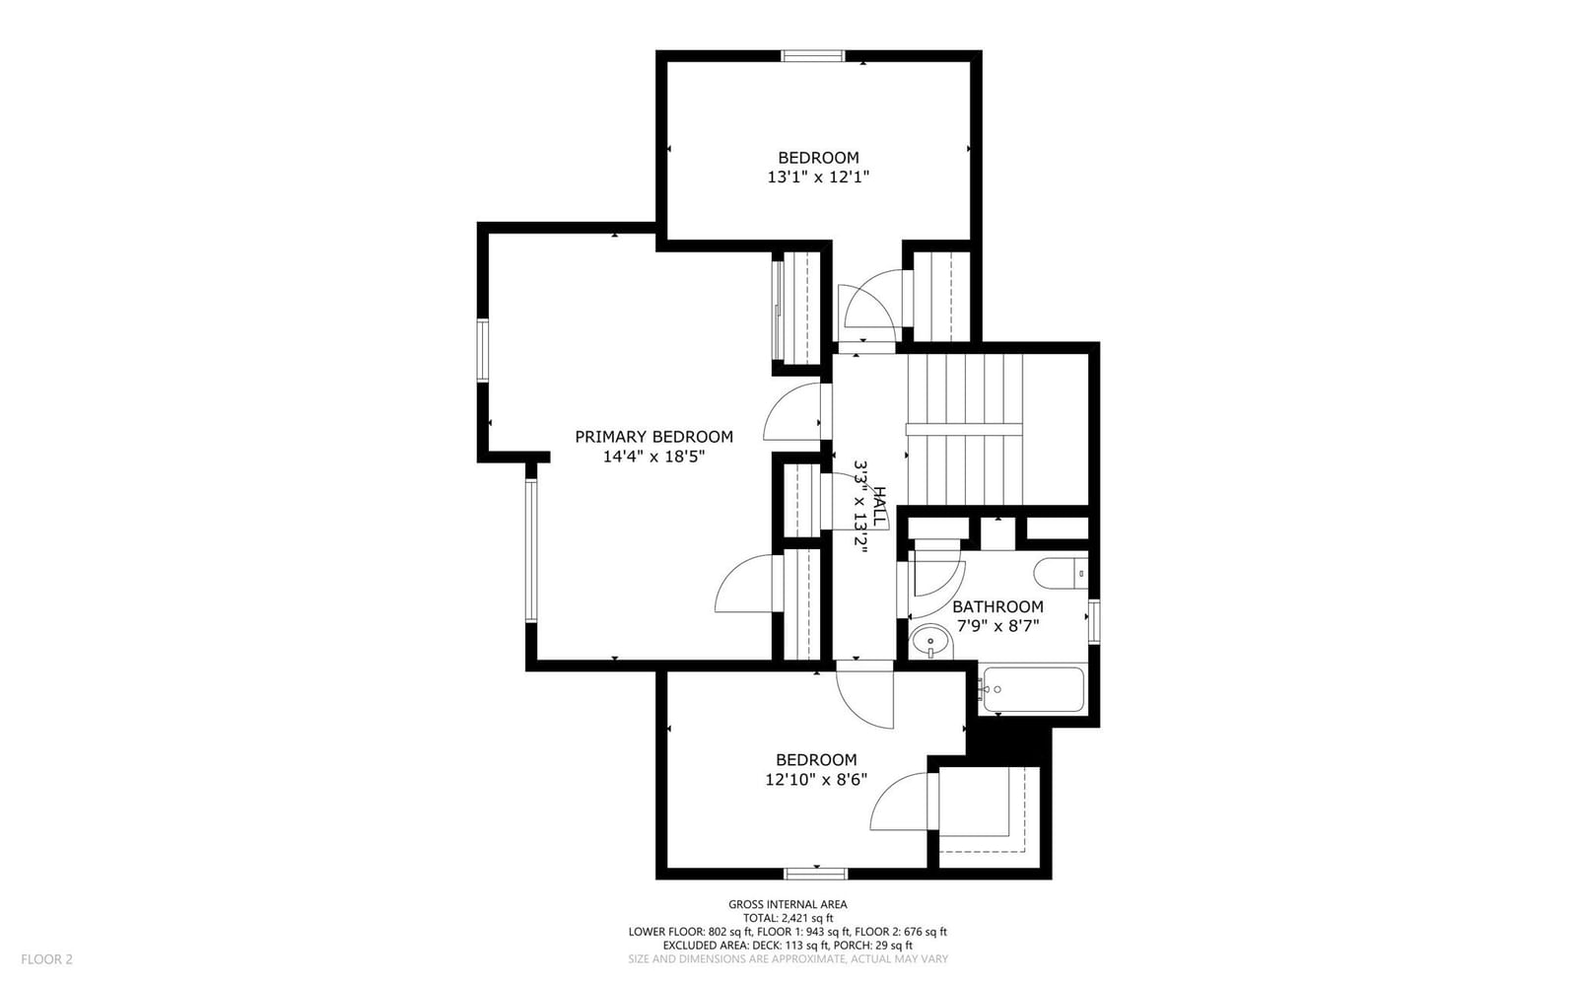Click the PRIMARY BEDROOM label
(654, 437)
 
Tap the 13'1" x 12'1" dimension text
(818, 176)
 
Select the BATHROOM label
(997, 606)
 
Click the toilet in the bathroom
(1061, 573)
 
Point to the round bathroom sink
(930, 642)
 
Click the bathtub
(1034, 689)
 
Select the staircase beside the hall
(963, 430)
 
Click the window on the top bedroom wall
(812, 55)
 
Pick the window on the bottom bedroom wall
(816, 874)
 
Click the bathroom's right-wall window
(1094, 621)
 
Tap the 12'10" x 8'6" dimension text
(816, 779)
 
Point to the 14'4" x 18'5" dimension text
(654, 457)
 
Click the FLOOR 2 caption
(46, 959)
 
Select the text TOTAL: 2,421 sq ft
(788, 918)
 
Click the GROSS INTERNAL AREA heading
(788, 905)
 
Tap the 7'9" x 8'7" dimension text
(997, 626)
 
